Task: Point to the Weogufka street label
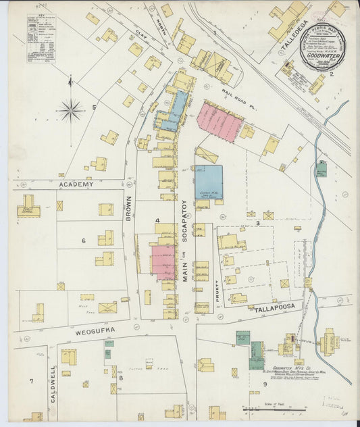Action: pos(96,329)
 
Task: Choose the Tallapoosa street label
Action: pos(276,309)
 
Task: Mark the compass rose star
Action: pos(70,109)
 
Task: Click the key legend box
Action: pos(41,39)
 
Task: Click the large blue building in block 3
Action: pos(209,182)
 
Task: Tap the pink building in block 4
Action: pos(162,262)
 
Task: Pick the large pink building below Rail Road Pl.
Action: pos(219,122)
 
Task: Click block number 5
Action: pos(95,107)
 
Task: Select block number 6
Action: pos(84,241)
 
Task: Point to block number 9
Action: pos(265,384)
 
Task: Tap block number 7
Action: pos(31,382)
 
